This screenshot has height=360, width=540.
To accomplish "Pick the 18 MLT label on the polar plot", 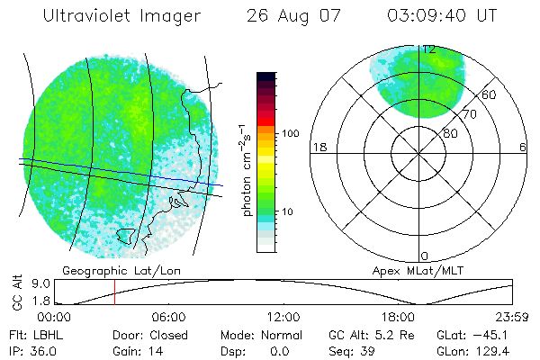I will [x=318, y=147].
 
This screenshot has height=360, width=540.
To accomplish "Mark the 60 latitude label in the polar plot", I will [x=490, y=94].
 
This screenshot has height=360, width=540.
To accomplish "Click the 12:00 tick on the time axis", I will [x=284, y=318].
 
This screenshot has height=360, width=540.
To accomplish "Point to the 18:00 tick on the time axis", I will [x=399, y=318].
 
